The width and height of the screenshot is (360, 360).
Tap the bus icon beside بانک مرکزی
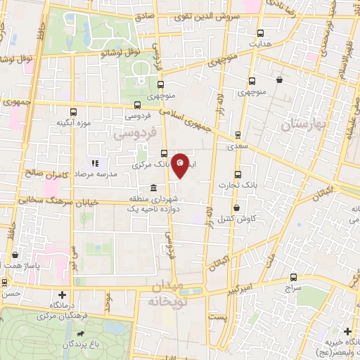(164, 155)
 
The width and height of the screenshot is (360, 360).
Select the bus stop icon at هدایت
(261, 33)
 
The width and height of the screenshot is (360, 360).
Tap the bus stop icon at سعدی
(237, 135)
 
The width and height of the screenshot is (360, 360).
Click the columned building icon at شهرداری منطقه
(154, 188)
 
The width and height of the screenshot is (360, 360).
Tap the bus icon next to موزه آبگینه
(73, 112)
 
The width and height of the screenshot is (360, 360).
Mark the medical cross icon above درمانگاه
(63, 295)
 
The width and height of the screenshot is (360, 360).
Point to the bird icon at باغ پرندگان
(83, 333)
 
